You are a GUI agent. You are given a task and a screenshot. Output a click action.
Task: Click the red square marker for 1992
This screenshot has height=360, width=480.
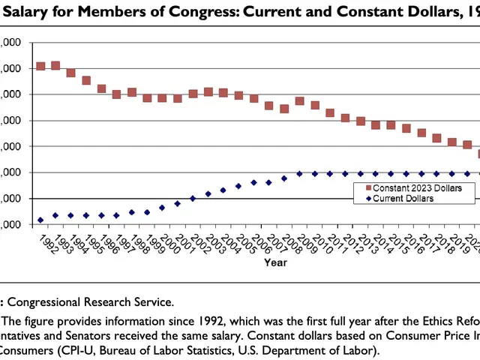41,67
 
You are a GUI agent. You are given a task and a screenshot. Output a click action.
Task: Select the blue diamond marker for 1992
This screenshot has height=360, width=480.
41,220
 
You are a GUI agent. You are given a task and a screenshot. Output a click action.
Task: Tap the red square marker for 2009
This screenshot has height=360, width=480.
300,100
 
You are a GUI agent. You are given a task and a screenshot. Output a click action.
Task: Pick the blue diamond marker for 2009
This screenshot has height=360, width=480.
300,173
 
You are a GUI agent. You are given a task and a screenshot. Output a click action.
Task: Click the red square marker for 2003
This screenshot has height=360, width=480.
208,91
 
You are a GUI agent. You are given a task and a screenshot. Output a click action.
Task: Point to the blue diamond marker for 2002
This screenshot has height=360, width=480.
193,198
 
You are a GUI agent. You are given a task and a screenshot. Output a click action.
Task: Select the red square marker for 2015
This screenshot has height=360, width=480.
391,124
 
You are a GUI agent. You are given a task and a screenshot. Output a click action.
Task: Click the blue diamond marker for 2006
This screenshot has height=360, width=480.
254,182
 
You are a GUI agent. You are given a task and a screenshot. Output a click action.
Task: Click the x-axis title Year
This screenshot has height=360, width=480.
274,262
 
